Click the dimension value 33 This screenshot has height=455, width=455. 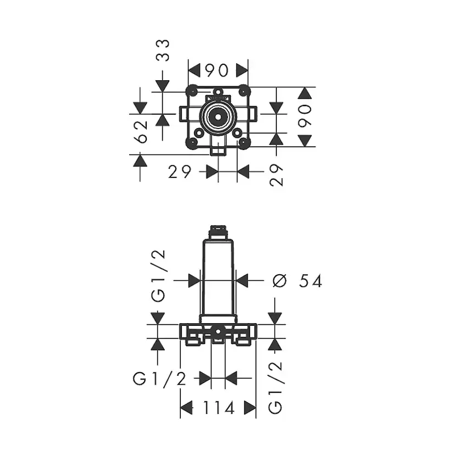pos(163,50)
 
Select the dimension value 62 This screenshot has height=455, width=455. pos(141,132)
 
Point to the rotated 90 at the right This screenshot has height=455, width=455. pos(304,116)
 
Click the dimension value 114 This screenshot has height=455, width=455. pos(219,408)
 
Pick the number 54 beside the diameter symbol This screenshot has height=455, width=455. pos(310,281)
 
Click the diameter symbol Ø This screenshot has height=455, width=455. pos(280,281)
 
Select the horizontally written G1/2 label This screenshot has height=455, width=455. pos(159,379)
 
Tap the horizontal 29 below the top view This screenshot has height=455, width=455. pos(180,172)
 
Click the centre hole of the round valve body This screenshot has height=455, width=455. pos(218,116)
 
